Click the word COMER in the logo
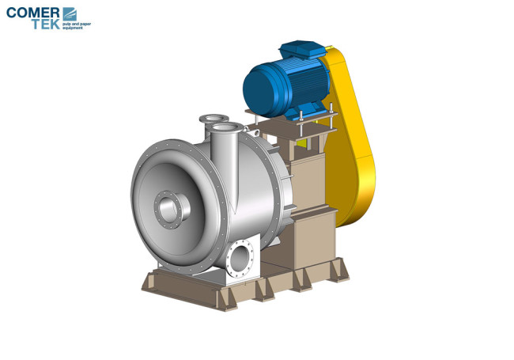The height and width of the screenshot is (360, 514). (x=32, y=13)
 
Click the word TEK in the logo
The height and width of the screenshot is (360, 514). (x=46, y=24)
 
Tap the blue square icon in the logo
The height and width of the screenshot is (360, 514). (x=70, y=13)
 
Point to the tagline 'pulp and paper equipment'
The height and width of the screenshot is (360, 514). (x=77, y=26)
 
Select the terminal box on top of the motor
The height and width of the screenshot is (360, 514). (x=302, y=49)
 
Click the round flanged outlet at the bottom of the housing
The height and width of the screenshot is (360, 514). (x=240, y=258)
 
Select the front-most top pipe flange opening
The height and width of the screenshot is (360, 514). (x=226, y=127)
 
